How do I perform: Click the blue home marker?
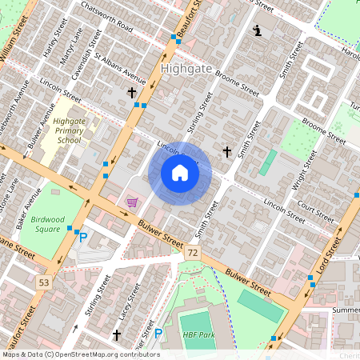[x=180, y=173]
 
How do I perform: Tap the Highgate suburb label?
[x=186, y=69]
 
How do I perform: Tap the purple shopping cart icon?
[x=132, y=202]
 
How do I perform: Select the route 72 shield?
[x=193, y=253]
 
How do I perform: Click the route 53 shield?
[x=43, y=282]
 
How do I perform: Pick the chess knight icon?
[x=258, y=31]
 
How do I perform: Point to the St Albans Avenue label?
[x=120, y=69]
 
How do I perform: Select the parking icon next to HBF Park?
[x=158, y=334]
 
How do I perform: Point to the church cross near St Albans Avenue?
[x=132, y=93]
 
